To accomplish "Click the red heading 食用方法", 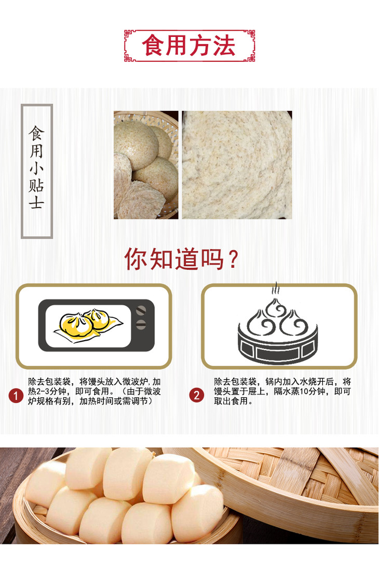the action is pos(189,46).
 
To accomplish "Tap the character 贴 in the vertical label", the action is pos(36,185).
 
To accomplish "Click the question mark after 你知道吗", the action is pos(233,259).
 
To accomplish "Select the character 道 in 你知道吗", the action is pos(187,259).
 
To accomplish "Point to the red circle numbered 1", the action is pos(16,396).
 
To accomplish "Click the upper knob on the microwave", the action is pos(141,310).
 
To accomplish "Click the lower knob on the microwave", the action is pos(141,325).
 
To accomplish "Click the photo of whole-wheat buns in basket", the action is pos(146,165).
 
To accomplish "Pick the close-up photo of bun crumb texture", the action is pos(237,165).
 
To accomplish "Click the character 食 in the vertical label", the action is pos(37,133).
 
